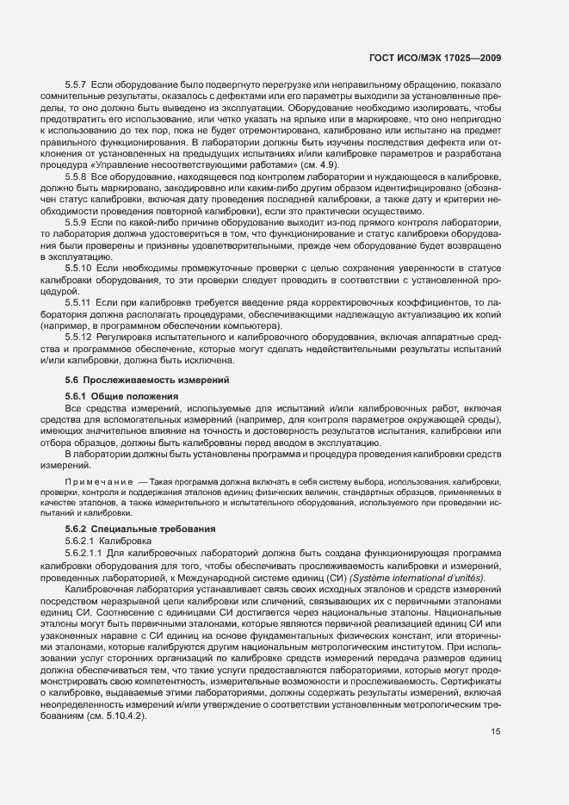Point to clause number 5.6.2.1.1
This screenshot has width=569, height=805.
click(x=87, y=551)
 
